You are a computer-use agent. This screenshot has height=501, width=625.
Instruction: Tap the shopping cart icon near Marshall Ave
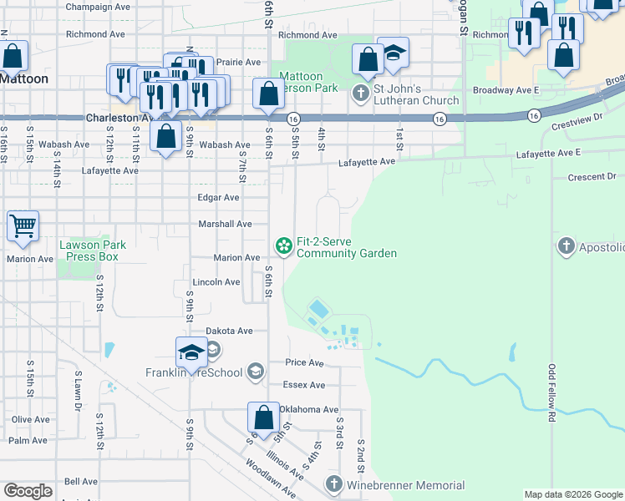click(x=23, y=226)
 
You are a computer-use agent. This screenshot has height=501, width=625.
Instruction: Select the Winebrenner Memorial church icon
click(x=334, y=484)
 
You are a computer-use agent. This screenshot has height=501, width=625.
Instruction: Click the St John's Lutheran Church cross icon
click(x=361, y=93)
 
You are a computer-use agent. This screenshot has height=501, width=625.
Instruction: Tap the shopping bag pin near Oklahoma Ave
click(x=263, y=420)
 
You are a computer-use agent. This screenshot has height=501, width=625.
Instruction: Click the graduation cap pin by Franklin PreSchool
click(x=191, y=353)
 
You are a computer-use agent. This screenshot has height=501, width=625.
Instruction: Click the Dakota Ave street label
click(x=229, y=331)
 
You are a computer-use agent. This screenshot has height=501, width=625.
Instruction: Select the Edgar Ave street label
click(x=218, y=198)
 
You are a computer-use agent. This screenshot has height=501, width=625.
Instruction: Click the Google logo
click(x=28, y=491)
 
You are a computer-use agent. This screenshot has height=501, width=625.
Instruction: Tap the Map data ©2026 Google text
click(x=572, y=494)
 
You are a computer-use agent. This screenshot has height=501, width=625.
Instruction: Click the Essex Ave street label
click(x=305, y=385)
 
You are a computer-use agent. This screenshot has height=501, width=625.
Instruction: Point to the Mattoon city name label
click(x=24, y=78)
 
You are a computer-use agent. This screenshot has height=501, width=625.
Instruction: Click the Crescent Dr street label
click(x=591, y=177)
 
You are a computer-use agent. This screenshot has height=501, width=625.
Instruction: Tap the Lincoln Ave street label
click(x=216, y=282)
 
